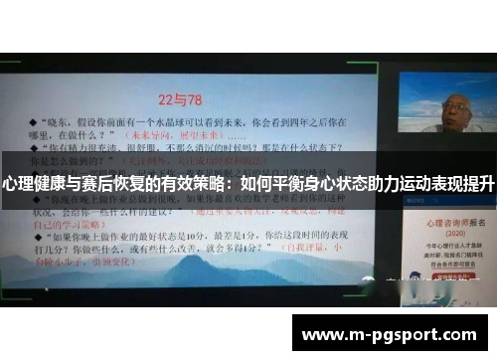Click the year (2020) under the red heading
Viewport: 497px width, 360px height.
[443, 232]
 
